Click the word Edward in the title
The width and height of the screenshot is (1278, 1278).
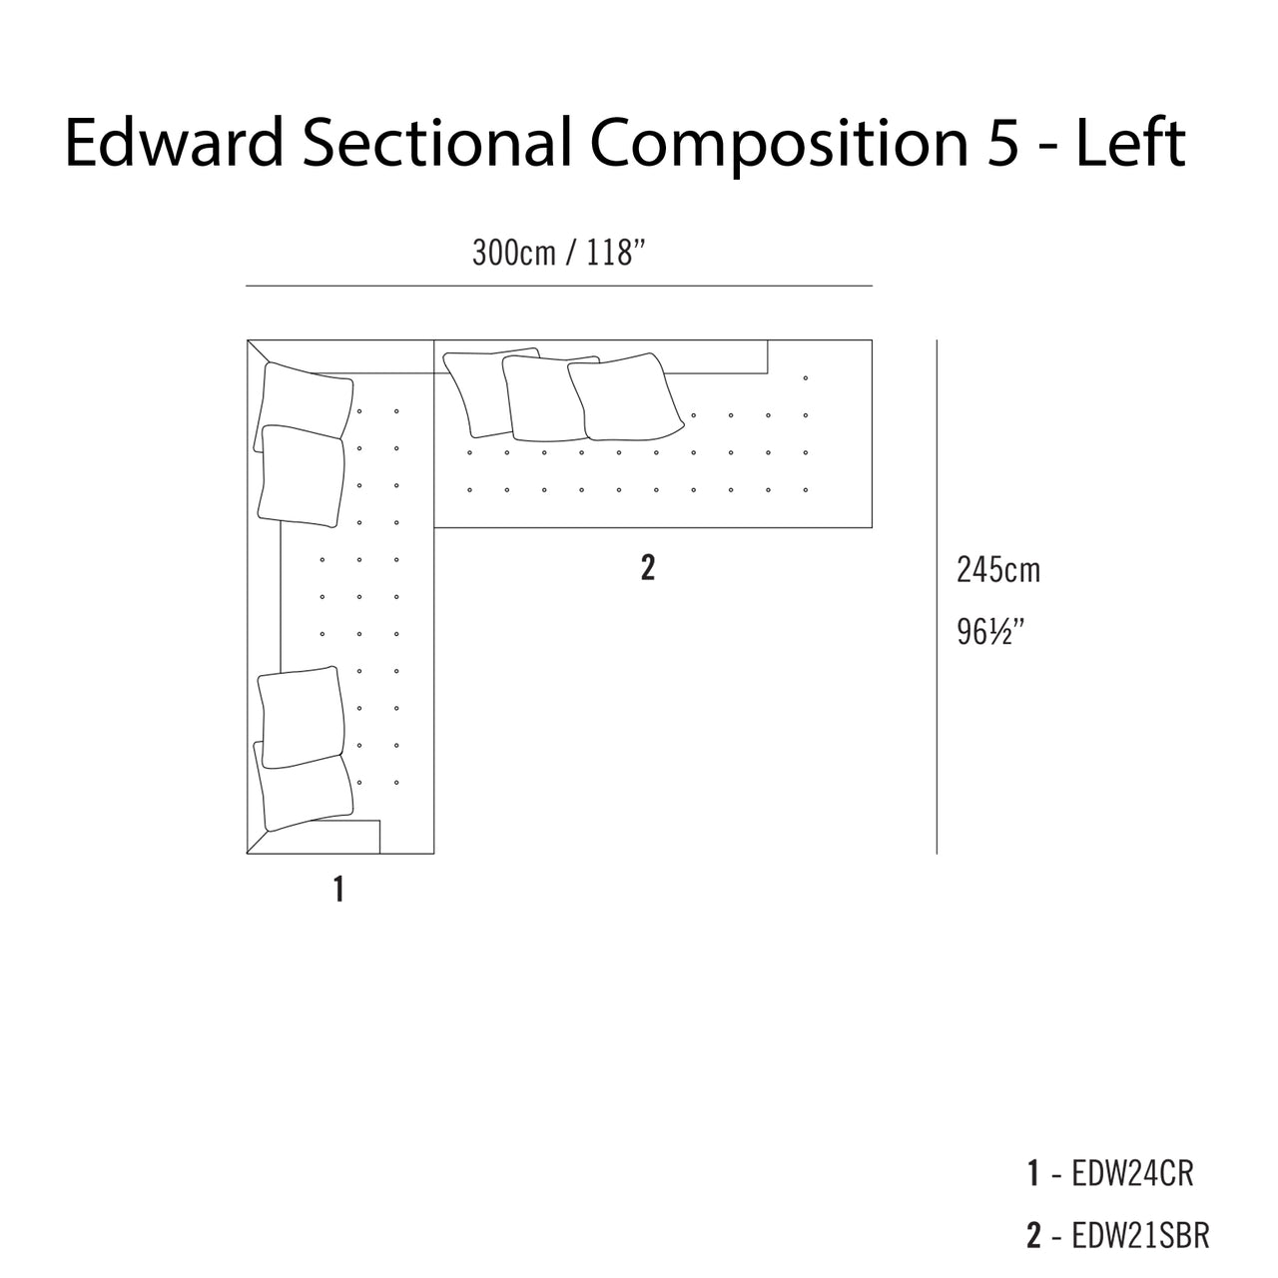[x=175, y=142]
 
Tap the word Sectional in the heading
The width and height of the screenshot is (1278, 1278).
[x=437, y=142]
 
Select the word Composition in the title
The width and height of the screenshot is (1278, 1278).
[x=780, y=147]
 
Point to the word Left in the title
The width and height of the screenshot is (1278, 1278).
[x=1130, y=142]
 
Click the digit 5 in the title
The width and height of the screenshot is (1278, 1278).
[x=1002, y=143]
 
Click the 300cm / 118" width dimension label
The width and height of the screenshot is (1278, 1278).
[x=558, y=253]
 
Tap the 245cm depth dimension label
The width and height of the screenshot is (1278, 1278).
[x=998, y=570]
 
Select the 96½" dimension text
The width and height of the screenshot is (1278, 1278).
[x=990, y=631]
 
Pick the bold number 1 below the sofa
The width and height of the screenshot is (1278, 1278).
[x=338, y=890]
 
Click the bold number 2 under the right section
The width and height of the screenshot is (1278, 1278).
[x=648, y=568]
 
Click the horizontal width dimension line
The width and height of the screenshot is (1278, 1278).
[x=559, y=286]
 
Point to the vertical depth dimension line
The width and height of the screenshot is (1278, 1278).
[x=937, y=597]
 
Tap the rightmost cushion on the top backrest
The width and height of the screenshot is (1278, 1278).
[x=625, y=397]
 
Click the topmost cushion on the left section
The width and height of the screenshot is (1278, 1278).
[x=304, y=406]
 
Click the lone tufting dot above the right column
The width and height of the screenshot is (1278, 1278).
[x=805, y=378]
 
